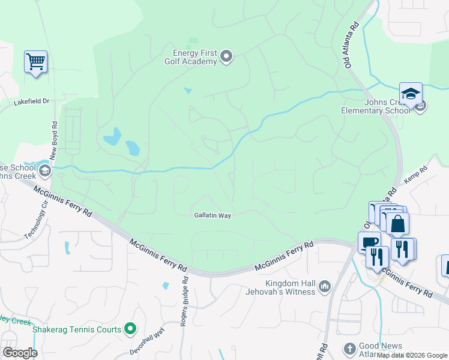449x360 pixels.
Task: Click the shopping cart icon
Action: tap(36, 61)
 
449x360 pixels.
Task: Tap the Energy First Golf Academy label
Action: tap(190, 57)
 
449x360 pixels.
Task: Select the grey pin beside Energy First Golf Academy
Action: tap(226, 57)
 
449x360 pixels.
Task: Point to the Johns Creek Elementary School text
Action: tap(375, 106)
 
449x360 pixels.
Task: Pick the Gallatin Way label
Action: tap(212, 215)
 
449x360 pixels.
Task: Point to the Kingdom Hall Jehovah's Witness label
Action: tap(291, 287)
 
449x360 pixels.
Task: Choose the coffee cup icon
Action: tap(368, 242)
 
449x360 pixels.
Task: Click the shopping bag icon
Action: tap(397, 224)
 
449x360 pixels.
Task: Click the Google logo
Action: tap(19, 353)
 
